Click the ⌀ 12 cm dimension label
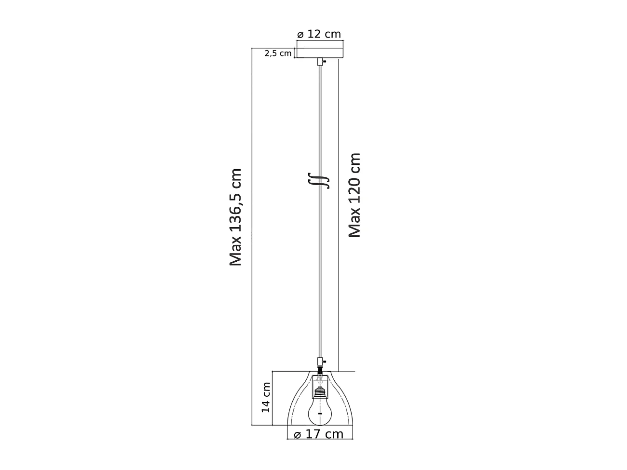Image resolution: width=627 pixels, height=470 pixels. click(319, 34)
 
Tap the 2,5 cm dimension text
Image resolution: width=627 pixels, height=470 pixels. click(278, 53)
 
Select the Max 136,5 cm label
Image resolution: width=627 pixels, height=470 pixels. click(235, 217)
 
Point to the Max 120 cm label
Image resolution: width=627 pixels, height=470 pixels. click(355, 195)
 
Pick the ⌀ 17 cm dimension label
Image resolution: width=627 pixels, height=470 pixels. click(319, 434)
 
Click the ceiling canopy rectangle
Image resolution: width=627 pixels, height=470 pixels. click(319, 50)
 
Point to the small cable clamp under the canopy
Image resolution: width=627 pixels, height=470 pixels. click(319, 62)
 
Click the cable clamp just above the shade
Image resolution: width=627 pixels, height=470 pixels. click(319, 360)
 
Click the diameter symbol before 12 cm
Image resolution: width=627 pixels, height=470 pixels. click(300, 35)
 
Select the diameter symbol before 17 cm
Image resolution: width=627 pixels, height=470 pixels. click(297, 434)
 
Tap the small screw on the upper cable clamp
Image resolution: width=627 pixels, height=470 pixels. click(325, 61)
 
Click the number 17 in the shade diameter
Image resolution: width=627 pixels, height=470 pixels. click(313, 434)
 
